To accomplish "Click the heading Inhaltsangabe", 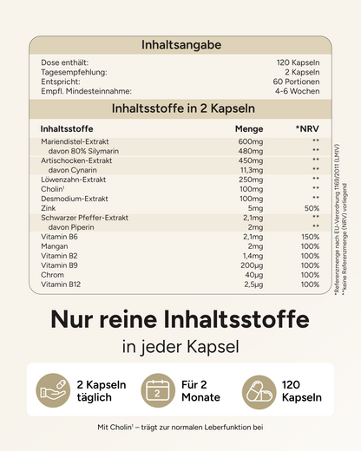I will pos(181,44).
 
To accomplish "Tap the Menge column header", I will pos(248,128).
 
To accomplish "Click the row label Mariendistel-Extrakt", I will pos(76,141).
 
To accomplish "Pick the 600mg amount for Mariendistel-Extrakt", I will pos(250,141).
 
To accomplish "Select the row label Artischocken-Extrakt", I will pos(76,160).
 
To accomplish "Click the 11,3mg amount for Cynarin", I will pos(249,170).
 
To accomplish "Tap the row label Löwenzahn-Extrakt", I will pos(73,179).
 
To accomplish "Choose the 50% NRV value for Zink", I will pos(312,208).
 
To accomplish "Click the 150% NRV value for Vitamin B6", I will pos(310,237).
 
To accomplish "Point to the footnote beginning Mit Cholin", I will pos(180,427).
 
